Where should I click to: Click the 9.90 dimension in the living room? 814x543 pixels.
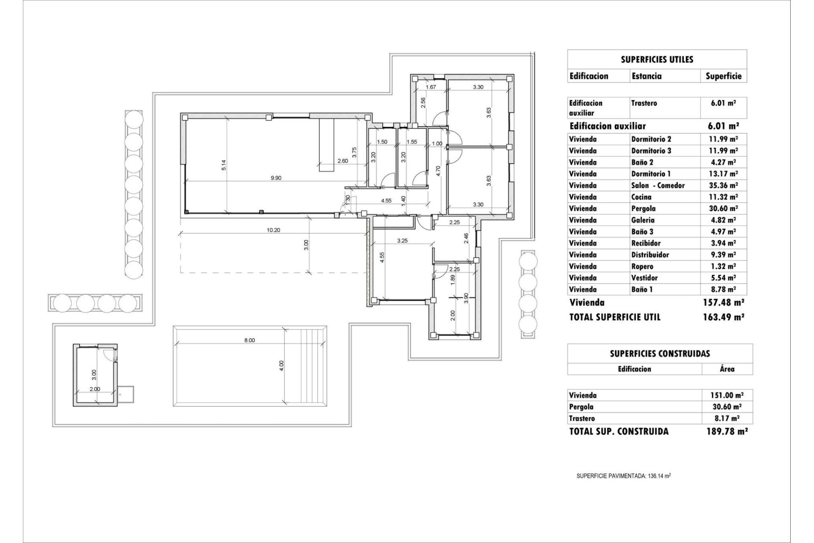point(276,178)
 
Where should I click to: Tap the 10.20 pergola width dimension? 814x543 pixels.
point(273,230)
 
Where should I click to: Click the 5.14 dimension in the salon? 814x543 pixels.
point(224,165)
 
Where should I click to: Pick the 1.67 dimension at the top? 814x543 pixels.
point(430,87)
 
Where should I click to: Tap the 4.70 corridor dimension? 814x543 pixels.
point(439,171)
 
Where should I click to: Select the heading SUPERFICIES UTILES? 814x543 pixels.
point(657,59)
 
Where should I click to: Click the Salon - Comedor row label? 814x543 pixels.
point(658,185)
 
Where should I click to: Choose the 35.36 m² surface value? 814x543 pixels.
point(724,185)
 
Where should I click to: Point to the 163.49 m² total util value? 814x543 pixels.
point(724,317)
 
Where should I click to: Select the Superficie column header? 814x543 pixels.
point(723,76)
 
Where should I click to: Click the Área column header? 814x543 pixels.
point(727,369)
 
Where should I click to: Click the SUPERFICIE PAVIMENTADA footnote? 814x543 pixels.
point(623,476)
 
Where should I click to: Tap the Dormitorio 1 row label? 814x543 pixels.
point(651,174)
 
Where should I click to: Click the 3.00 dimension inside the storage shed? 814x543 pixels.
point(94,375)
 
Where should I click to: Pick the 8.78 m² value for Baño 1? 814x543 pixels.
point(724,289)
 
